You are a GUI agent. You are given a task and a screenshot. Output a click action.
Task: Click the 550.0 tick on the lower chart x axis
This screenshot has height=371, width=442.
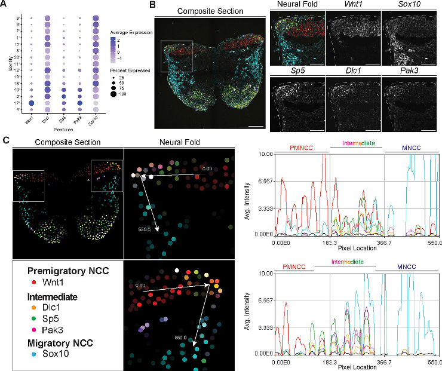435,363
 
